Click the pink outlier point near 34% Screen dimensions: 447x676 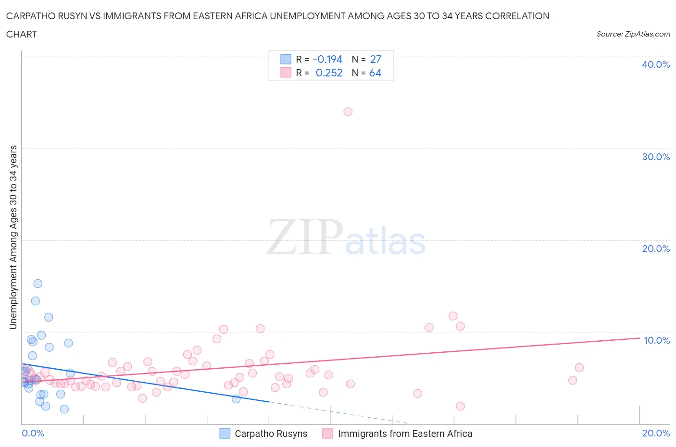coord(348,112)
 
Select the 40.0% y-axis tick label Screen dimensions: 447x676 coord(655,64)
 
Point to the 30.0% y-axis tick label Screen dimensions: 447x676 coord(655,157)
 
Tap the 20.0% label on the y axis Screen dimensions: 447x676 coord(655,248)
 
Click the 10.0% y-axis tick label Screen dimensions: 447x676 coord(656,340)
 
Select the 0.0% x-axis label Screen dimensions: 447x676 coord(33,433)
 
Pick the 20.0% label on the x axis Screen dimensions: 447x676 coord(656,433)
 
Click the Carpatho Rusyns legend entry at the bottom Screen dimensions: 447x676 coord(271,434)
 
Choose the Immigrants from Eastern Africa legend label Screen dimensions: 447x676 coord(405,434)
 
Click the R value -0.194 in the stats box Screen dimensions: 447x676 coord(327,59)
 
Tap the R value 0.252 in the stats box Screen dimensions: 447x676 coord(329,73)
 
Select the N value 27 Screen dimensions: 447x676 coord(376,59)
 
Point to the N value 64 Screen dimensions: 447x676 coord(375,73)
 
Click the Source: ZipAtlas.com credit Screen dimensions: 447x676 coord(633,34)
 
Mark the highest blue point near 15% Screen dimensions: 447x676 coord(38,284)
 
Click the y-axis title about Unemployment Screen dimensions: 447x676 coord(13,237)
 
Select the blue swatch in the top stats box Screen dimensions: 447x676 coord(286,59)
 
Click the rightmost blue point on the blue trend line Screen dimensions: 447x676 coord(236,399)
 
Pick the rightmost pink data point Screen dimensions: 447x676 coord(579,368)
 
